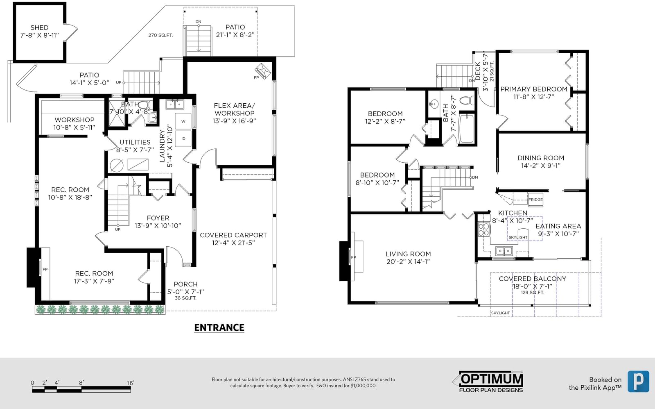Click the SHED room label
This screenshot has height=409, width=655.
(x=39, y=27)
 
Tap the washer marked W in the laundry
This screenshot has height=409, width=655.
(x=183, y=121)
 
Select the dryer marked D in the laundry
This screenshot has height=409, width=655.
(x=183, y=139)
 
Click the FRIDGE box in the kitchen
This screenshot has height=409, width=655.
(x=535, y=200)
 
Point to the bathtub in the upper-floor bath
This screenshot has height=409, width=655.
(x=466, y=129)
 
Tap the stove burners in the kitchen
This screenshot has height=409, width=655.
(x=484, y=229)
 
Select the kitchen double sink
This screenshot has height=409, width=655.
(x=504, y=251)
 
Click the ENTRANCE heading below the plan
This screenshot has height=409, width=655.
(x=219, y=327)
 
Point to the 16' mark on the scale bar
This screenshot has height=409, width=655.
(x=131, y=383)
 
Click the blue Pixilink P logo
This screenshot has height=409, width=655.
(x=638, y=381)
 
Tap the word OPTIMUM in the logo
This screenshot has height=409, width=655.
(x=492, y=379)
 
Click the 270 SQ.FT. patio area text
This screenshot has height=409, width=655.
(x=160, y=35)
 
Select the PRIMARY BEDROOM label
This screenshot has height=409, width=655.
(x=534, y=89)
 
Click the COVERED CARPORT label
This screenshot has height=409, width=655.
(x=233, y=235)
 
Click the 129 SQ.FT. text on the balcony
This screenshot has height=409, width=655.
(x=533, y=293)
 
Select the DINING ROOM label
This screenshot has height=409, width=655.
(x=541, y=158)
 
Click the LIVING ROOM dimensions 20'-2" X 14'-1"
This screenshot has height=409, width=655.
(x=408, y=262)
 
